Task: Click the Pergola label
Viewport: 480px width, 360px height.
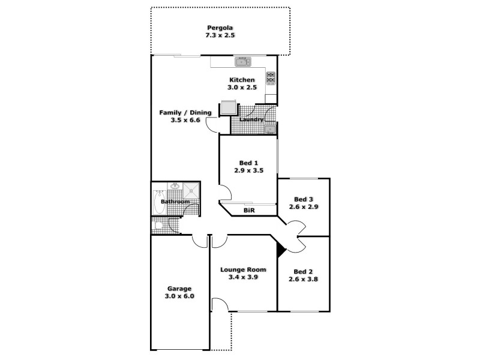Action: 220,28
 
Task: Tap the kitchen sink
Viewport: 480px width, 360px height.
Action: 242,61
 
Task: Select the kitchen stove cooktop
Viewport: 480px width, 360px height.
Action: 270,77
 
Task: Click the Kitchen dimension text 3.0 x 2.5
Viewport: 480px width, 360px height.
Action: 242,88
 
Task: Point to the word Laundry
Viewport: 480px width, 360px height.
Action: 251,119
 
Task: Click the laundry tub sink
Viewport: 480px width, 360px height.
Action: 270,129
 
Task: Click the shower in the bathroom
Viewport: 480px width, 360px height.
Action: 192,191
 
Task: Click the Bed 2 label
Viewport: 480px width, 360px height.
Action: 303,271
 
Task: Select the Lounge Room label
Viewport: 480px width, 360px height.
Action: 242,269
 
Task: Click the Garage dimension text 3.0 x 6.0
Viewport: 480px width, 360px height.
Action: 179,296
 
